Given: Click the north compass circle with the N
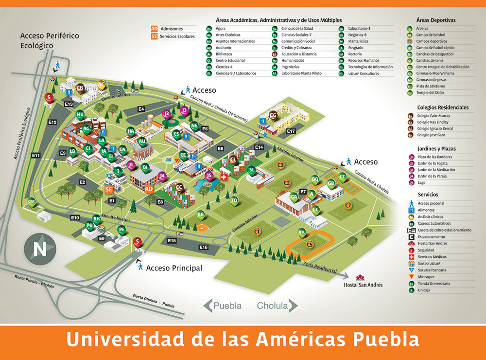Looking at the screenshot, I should pos(39,250).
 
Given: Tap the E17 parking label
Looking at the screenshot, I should pos(291,131).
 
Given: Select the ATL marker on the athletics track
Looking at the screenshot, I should pos(302,232).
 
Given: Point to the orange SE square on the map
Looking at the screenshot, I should pos(109,189).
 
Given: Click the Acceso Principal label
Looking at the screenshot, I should pos(174,268).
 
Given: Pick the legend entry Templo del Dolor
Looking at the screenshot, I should pos(430,92).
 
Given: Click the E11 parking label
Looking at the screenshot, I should pos(36,155).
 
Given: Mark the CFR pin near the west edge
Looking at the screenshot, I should pos(32,202).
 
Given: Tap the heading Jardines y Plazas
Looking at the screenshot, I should pos(436,149).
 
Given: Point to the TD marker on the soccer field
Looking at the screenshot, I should pos(234,200).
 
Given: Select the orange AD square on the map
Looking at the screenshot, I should pos(149,188).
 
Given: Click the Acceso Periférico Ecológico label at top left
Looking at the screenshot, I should pos(50,40).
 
